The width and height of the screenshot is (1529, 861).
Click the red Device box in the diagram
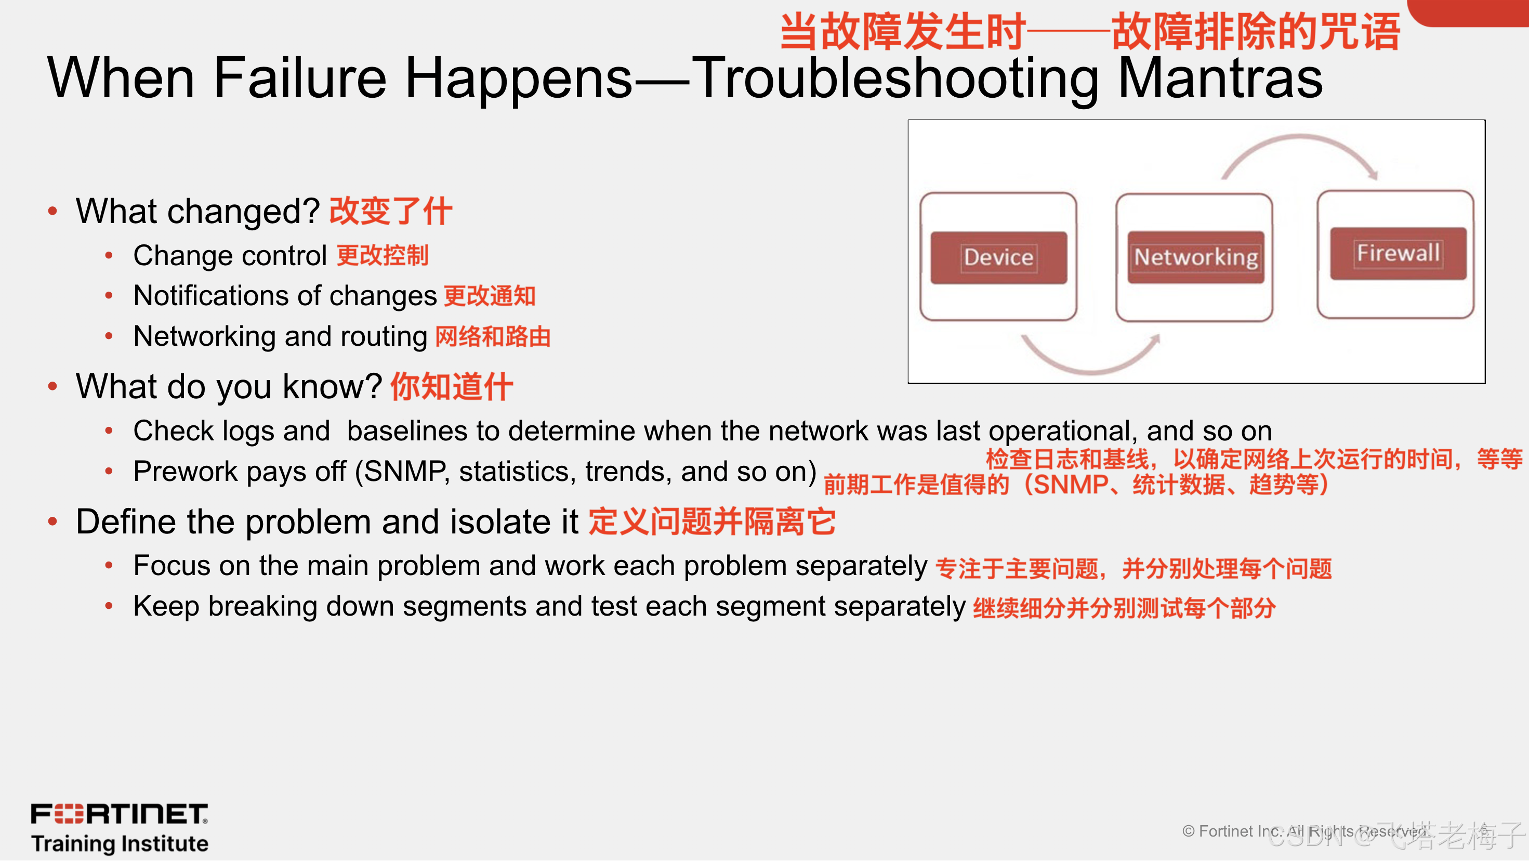998,258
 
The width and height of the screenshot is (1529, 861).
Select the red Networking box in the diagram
1196,257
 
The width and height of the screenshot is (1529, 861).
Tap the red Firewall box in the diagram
1398,254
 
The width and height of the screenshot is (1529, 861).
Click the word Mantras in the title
1220,78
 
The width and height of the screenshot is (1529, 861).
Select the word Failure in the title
300,78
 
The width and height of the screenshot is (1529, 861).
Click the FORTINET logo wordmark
120,814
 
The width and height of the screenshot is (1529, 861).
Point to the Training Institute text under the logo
120,844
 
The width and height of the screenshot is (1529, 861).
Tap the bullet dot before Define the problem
53,521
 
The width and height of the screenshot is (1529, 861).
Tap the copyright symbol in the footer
1188,831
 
